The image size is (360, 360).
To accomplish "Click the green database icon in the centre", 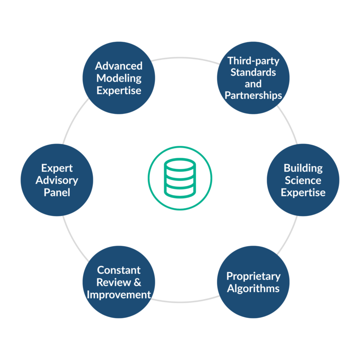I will tap(180, 178).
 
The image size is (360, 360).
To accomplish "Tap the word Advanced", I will tap(119, 66).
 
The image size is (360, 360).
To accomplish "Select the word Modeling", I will tap(119, 78).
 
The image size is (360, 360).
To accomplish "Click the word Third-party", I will tap(253, 60).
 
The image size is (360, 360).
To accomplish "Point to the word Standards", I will tap(253, 72).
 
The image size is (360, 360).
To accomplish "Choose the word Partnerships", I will tap(253, 95).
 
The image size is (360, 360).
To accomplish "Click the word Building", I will tap(303, 168).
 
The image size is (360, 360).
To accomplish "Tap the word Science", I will tap(303, 180).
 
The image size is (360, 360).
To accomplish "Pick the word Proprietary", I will tap(253, 276).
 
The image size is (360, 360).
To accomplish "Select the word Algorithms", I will tap(253, 288).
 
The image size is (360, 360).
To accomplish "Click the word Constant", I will tap(119, 270).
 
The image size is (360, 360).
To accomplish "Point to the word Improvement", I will tap(119, 295).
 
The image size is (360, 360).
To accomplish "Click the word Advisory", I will tap(57, 180).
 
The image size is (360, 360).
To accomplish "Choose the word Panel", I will tap(57, 193).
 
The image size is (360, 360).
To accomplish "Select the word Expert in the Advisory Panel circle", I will tap(57, 168).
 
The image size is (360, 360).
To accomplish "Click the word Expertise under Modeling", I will tap(119, 90).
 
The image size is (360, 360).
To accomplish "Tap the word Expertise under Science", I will tap(303, 193).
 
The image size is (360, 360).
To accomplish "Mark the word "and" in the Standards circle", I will tap(253, 84).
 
